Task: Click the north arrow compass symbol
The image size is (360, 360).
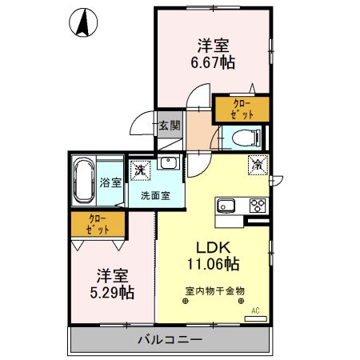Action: pos(82,24)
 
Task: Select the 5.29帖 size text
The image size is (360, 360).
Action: pos(111,293)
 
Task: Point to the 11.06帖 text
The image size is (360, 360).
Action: pos(213,263)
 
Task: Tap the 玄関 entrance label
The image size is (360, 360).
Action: pos(169,126)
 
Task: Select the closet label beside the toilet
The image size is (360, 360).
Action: pos(241,108)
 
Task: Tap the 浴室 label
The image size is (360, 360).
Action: pos(111,182)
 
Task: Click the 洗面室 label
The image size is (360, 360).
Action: pos(156,194)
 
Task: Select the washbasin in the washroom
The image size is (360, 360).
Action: pos(168,164)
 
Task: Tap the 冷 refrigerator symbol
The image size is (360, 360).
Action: pos(258,166)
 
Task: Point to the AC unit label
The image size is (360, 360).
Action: pos(256,310)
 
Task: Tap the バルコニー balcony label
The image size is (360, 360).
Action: pos(169,339)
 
